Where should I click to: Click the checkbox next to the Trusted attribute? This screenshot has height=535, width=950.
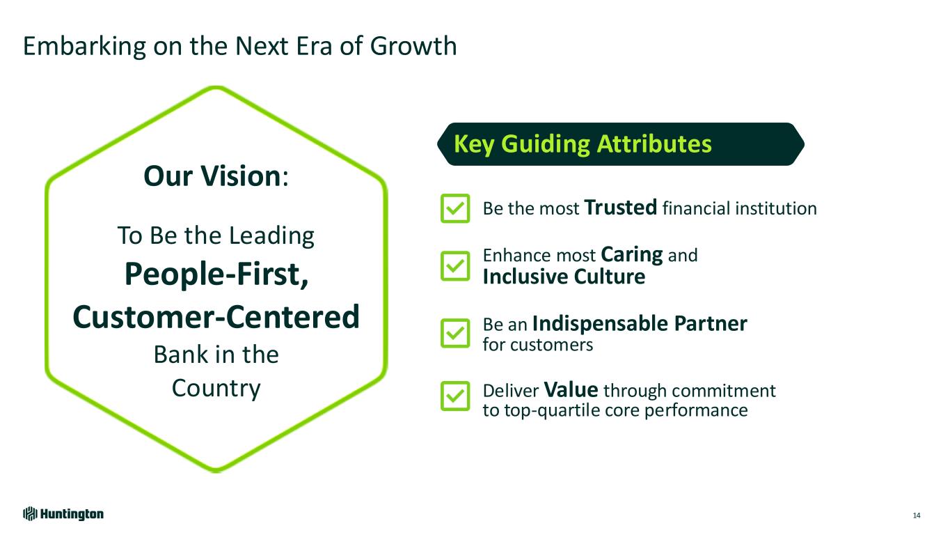455,208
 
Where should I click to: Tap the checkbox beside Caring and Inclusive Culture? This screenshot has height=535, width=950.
455,266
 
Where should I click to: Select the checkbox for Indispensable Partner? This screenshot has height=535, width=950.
455,333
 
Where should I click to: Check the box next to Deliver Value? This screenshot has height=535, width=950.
455,396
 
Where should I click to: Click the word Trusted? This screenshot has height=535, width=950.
621,208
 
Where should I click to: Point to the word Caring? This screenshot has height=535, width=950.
632,256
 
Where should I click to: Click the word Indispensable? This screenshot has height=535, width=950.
601,325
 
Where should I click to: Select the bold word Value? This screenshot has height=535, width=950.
571,390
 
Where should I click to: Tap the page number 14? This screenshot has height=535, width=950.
917,515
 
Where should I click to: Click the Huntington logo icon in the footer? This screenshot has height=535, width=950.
30,514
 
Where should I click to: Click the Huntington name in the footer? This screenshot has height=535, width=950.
72,514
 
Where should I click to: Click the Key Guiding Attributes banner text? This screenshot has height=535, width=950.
583,144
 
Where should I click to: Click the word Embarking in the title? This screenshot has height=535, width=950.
84,47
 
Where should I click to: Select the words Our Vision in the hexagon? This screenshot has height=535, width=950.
212,176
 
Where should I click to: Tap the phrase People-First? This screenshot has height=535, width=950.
216,274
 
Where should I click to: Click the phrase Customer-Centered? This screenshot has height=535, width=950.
216,317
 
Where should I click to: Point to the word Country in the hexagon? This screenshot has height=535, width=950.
216,389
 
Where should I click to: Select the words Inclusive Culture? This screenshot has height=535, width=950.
564,277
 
